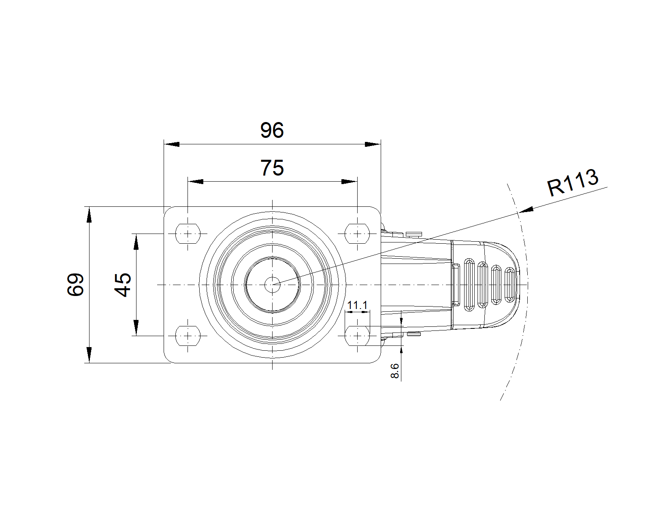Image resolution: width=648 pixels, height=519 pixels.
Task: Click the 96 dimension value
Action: click(272, 131)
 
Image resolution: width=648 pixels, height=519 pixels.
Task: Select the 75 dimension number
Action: click(272, 168)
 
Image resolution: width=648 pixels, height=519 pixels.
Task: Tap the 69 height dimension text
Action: click(76, 285)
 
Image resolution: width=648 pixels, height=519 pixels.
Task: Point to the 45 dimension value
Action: click(123, 285)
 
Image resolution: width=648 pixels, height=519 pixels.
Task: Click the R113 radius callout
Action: click(573, 182)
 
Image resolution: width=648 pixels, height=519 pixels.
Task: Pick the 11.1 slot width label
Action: click(357, 305)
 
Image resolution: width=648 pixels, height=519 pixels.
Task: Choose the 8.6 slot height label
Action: click(395, 371)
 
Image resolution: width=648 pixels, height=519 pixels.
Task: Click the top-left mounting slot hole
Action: click(188, 234)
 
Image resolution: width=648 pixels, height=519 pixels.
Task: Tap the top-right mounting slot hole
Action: click(357, 234)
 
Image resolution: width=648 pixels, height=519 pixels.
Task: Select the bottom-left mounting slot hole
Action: click(188, 336)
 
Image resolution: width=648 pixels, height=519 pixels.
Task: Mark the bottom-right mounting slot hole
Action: click(357, 336)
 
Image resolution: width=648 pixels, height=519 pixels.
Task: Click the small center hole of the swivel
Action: click(273, 285)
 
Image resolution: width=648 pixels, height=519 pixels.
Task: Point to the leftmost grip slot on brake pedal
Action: click(470, 284)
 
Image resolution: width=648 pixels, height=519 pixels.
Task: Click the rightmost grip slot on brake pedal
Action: click(510, 285)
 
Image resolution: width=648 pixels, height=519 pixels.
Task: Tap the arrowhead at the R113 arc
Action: click(525, 210)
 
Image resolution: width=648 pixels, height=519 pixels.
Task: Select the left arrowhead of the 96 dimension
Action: click(171, 144)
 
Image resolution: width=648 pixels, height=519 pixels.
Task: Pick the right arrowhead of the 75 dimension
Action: click(350, 181)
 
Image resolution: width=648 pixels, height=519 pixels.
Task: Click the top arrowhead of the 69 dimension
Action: click(89, 215)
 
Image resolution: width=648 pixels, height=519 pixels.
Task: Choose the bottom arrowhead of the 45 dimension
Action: click(136, 328)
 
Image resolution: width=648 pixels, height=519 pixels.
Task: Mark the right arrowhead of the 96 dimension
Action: click(373, 144)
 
